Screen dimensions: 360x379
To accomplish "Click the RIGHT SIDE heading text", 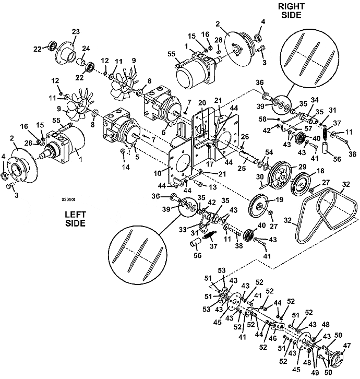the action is [291, 10].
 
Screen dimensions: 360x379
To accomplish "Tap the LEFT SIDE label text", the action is [75, 219].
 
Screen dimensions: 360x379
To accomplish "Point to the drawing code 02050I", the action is [69, 199].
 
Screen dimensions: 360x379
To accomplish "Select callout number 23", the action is [76, 32].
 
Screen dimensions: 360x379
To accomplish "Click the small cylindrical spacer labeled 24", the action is [81, 63].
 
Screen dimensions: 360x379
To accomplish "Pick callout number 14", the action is [126, 167].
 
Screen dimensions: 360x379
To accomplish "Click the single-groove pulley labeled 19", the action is [259, 206].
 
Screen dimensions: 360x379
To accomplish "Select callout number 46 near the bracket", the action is [272, 338].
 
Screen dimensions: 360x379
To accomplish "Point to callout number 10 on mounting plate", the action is [157, 173].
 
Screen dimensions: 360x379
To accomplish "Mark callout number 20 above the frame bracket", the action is [202, 103].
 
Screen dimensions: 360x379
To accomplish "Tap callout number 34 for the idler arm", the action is [315, 100].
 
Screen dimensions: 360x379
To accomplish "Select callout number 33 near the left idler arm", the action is [183, 229].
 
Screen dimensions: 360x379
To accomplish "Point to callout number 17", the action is [209, 164].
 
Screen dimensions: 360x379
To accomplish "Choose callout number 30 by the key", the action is [260, 176].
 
